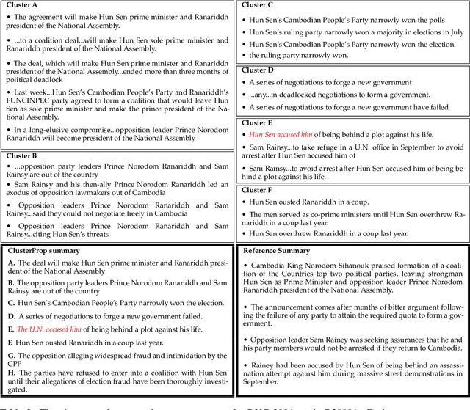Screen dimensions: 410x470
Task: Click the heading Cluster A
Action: click(x=23, y=5)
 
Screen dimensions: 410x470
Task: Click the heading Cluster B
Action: click(x=23, y=155)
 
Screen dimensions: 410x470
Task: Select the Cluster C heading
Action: click(x=259, y=5)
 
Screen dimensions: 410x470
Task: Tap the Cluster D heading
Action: click(x=259, y=70)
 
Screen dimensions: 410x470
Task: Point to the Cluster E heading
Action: click(x=259, y=122)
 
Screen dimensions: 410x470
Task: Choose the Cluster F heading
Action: click(x=259, y=188)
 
